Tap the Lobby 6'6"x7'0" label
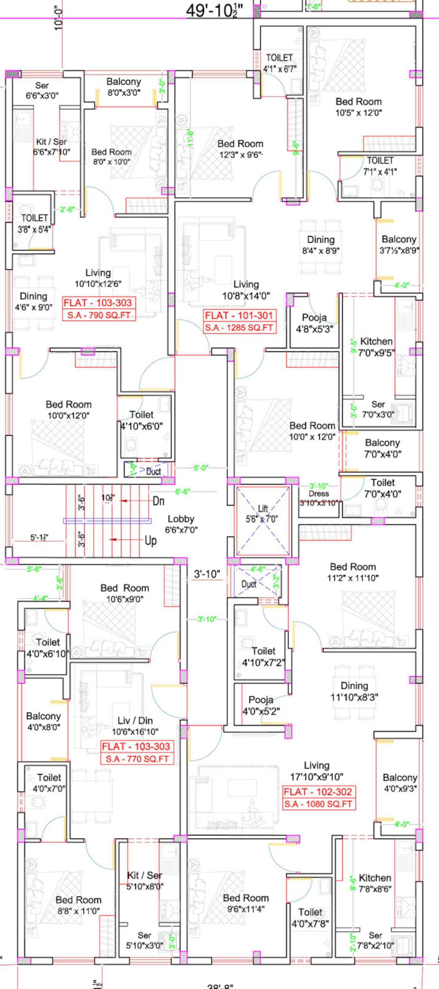[x=181, y=524]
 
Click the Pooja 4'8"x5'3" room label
[x=314, y=323]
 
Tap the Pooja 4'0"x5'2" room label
[x=261, y=705]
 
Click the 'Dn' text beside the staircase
[x=159, y=501]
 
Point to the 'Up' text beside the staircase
[x=151, y=541]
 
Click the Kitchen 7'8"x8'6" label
[x=374, y=883]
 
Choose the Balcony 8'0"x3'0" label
[x=124, y=87]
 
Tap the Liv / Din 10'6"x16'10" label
[x=135, y=726]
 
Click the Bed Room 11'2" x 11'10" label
[x=352, y=572]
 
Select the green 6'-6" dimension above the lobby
[x=182, y=491]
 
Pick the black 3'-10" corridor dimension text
[x=207, y=574]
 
